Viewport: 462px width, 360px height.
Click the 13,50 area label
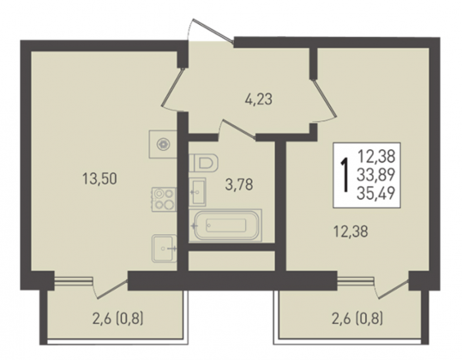click(99, 179)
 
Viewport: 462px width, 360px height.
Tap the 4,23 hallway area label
click(258, 99)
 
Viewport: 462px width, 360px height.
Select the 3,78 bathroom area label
click(239, 184)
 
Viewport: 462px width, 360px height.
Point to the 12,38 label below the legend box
click(351, 231)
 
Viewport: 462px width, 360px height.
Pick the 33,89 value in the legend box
click(375, 175)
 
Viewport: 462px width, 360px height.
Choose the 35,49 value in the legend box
click(375, 194)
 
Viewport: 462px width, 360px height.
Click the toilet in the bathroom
click(204, 163)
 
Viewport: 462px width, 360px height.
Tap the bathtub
click(225, 225)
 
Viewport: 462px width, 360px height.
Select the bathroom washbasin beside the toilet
click(197, 192)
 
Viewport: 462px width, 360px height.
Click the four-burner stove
click(164, 199)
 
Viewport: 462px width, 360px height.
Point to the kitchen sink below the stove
click(165, 249)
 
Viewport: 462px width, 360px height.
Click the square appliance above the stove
click(163, 144)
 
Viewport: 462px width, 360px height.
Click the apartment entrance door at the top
click(213, 30)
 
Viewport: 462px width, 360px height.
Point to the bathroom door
click(237, 129)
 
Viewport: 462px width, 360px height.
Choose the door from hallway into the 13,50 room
click(173, 87)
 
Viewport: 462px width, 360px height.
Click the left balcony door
click(111, 289)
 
